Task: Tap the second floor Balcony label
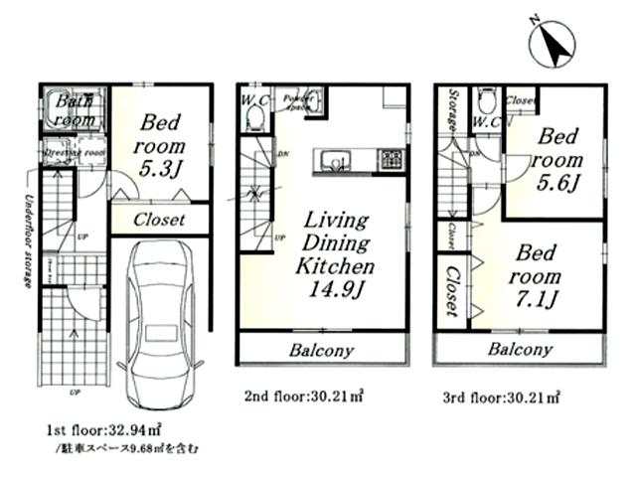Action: [x=322, y=350]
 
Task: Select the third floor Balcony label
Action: [x=520, y=350]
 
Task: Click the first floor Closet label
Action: [x=159, y=220]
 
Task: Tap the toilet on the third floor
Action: [x=486, y=101]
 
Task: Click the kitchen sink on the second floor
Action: [x=331, y=160]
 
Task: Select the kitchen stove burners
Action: [x=389, y=160]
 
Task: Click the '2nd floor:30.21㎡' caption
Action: [x=303, y=396]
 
